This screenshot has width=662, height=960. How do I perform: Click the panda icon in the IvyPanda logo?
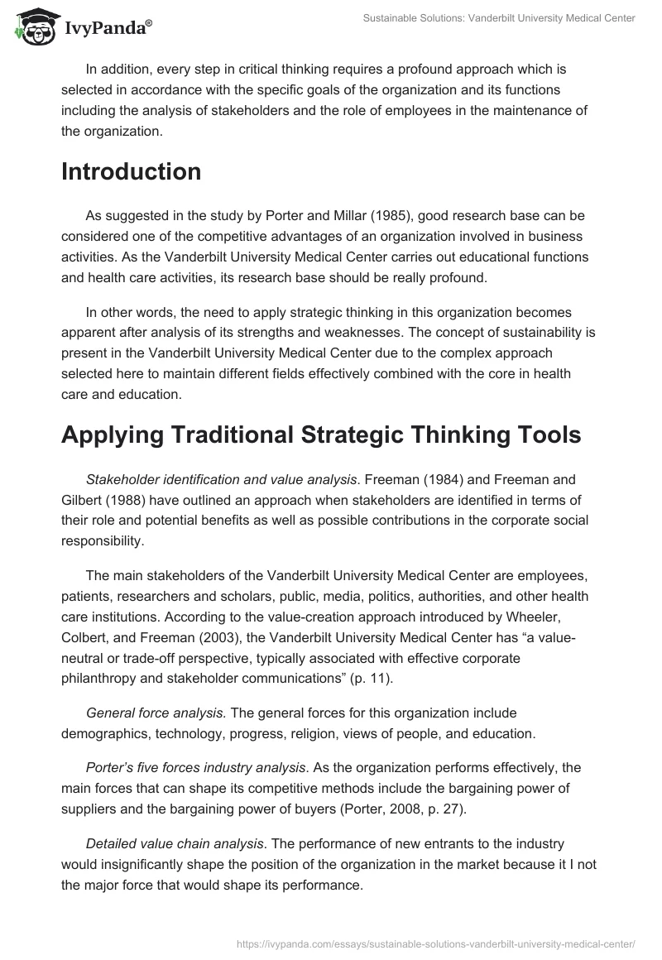click(34, 27)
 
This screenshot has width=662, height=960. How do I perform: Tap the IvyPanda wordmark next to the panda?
click(105, 29)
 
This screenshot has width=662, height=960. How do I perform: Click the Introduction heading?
click(131, 171)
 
